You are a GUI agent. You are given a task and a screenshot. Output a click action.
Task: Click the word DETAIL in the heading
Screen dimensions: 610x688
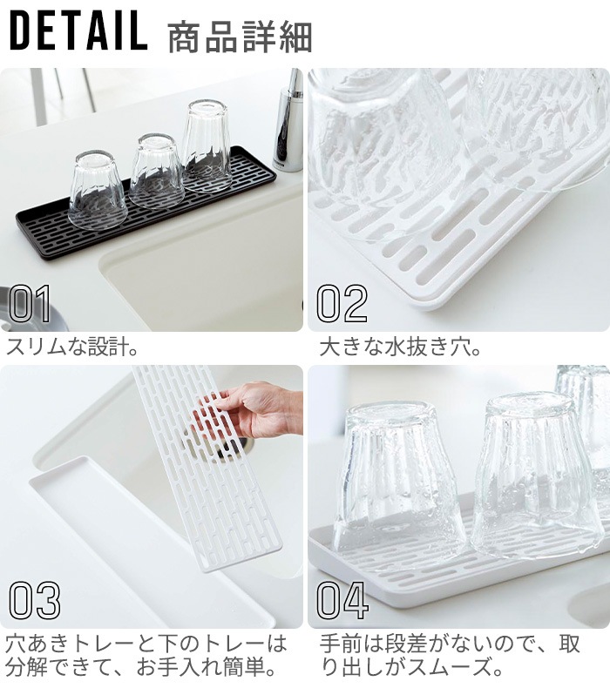click(78, 30)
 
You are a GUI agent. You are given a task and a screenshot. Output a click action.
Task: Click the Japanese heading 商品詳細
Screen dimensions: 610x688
click(240, 37)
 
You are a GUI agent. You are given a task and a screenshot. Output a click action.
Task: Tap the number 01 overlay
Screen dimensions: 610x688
click(30, 303)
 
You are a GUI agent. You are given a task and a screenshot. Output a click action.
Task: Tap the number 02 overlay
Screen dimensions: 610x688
click(342, 303)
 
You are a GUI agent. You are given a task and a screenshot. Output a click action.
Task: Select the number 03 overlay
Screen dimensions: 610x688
click(34, 601)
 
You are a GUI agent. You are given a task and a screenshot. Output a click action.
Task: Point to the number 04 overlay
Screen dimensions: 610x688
click(342, 601)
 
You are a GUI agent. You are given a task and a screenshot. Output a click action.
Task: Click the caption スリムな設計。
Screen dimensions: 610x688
click(72, 347)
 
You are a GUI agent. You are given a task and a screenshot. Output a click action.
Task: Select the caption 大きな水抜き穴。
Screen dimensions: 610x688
click(400, 347)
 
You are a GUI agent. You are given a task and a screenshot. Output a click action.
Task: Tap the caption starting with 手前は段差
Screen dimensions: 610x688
click(450, 656)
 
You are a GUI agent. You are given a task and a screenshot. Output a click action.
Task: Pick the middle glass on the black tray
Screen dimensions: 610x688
click(157, 171)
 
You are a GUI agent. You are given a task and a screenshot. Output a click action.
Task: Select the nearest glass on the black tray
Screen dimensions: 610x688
click(98, 190)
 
